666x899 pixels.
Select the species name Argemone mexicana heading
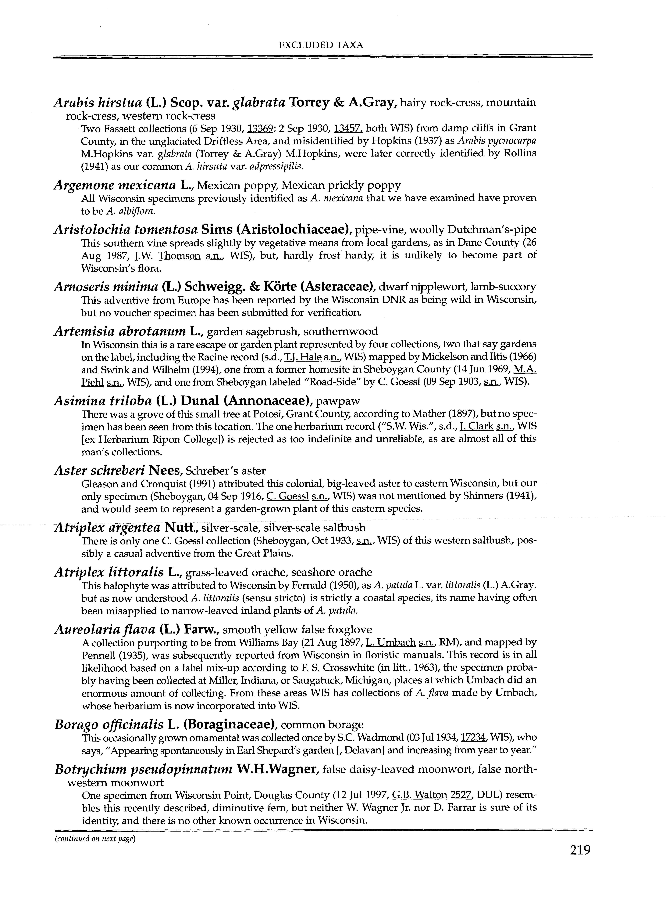click(115, 186)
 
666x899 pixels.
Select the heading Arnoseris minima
click(106, 287)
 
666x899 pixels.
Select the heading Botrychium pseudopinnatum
click(143, 770)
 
